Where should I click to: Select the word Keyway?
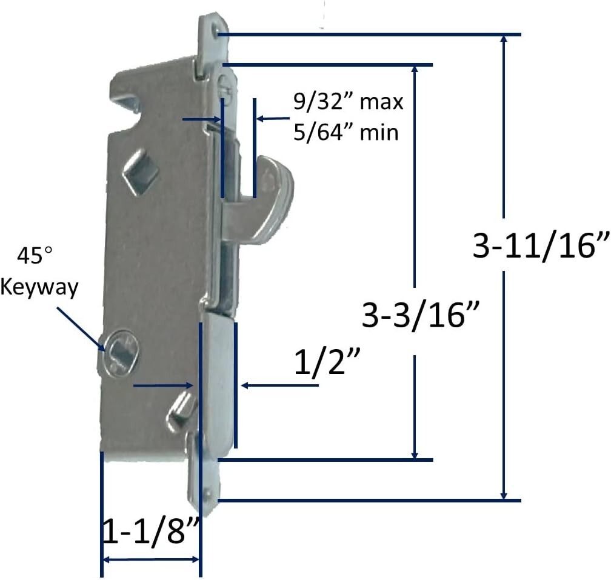click(x=39, y=287)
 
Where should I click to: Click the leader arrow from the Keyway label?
click(x=81, y=327)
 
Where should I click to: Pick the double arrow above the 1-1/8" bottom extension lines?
click(x=150, y=559)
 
